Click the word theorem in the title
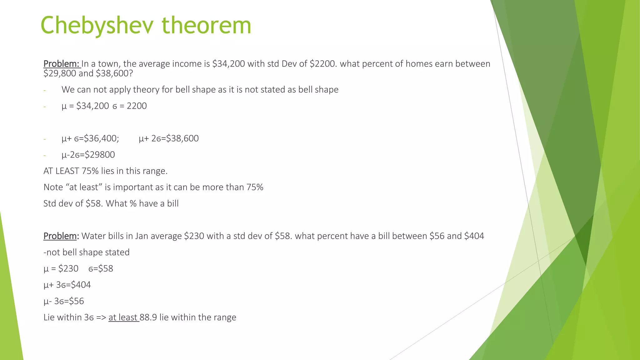point(206,26)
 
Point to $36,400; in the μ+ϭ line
point(102,138)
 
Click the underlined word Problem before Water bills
point(60,236)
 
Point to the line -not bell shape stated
point(87,252)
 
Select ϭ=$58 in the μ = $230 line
point(101,269)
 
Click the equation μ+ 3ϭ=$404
point(67,285)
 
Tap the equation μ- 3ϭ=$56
point(64,301)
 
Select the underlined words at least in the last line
point(123,317)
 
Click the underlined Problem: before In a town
point(62,64)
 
